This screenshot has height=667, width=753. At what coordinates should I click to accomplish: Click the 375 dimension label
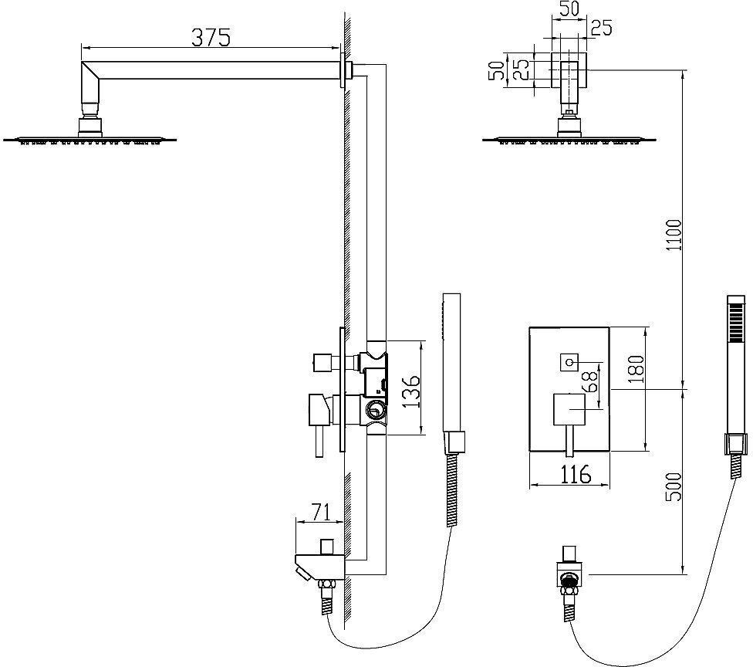pos(209,37)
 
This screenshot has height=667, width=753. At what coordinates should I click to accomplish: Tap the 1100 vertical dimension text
pos(674,236)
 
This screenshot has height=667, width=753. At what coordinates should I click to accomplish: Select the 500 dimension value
pos(674,487)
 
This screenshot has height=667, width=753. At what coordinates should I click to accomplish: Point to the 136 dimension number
pos(412,391)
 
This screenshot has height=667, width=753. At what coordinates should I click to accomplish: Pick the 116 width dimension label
pos(570,473)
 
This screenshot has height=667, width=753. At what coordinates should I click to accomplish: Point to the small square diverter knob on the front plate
pos(569,361)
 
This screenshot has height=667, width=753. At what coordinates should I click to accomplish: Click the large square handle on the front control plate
pos(569,408)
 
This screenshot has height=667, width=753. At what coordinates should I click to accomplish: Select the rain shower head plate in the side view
pos(91,140)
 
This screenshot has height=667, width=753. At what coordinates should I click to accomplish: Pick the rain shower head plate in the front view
pos(569,140)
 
